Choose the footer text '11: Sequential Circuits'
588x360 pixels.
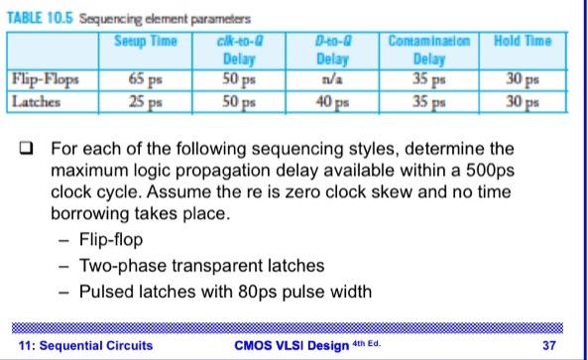87,345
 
